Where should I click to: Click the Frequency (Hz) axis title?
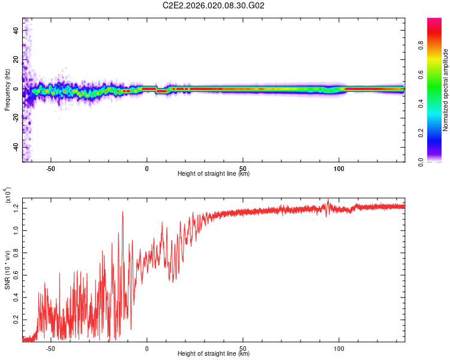tap(7, 89)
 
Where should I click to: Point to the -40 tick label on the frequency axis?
tap(15, 147)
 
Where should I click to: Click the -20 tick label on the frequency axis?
tap(15, 118)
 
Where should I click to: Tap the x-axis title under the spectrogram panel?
tap(214, 174)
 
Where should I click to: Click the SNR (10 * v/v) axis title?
tap(7, 270)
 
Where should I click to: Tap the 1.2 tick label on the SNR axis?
tap(16, 208)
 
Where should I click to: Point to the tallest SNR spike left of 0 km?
tap(123, 212)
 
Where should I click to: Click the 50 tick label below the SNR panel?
tap(242, 348)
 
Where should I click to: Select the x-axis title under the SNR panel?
tap(214, 354)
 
